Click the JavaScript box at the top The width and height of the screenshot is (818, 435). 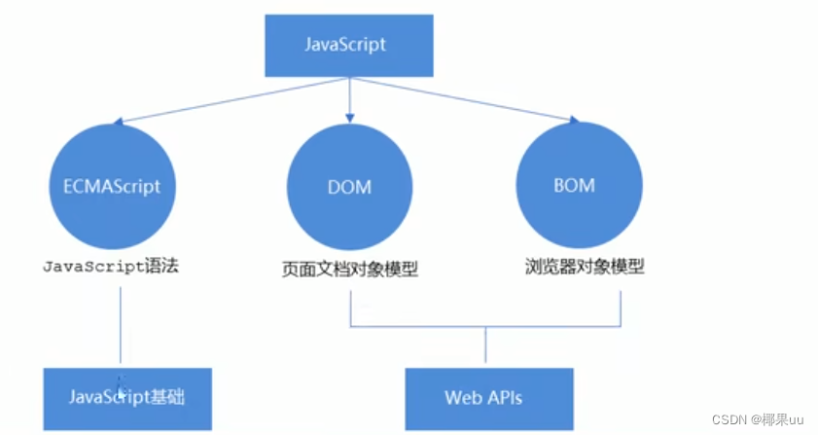tap(348, 45)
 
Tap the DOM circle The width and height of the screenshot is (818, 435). tap(349, 187)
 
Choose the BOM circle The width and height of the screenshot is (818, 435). tap(574, 184)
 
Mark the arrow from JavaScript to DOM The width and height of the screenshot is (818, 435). tap(348, 97)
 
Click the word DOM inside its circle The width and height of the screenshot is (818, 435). tap(349, 187)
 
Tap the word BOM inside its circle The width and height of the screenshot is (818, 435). tap(574, 184)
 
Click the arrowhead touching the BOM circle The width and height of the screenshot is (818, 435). tap(573, 120)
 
